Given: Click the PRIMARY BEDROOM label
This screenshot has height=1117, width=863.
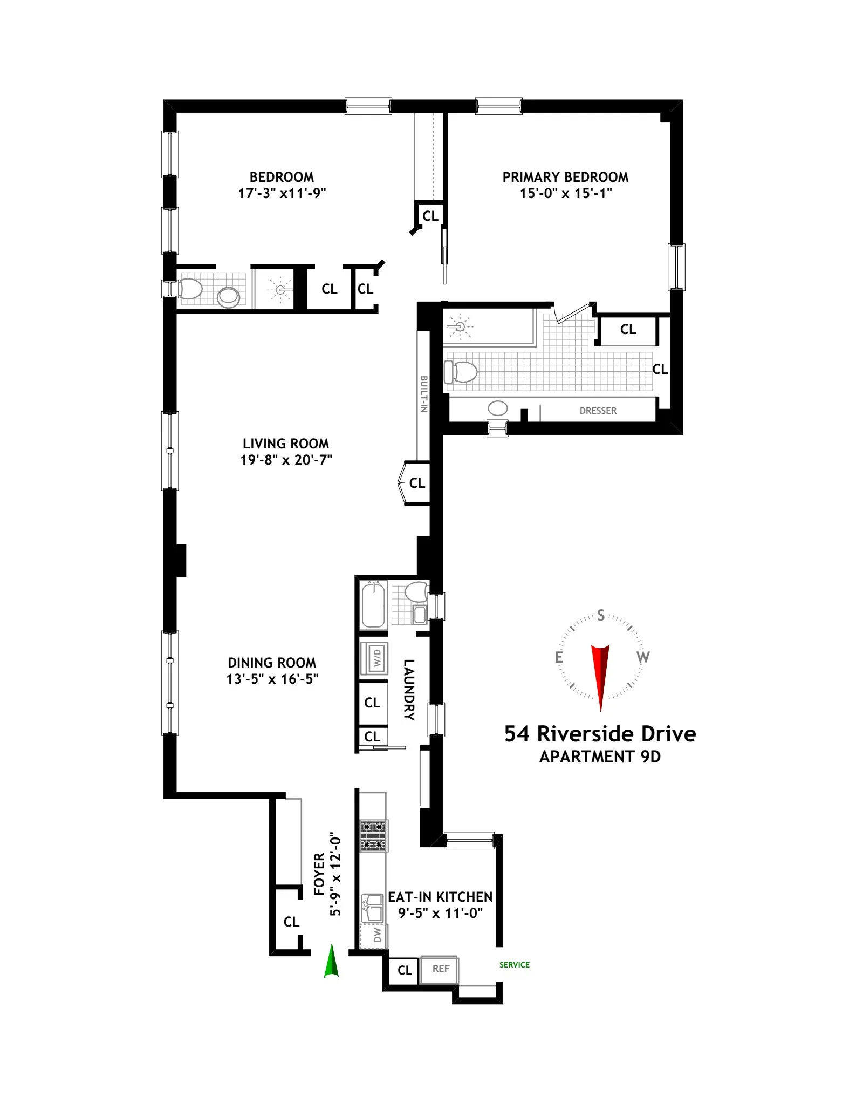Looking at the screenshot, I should click(x=565, y=177).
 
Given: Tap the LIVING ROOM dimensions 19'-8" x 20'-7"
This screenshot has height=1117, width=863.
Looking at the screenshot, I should click(x=286, y=460).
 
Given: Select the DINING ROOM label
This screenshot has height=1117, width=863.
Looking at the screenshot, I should click(x=272, y=663).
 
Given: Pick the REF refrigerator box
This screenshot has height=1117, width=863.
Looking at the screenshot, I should click(x=440, y=969).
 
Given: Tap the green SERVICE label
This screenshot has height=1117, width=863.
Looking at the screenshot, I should click(x=514, y=965).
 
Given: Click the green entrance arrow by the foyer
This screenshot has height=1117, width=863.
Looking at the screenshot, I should click(x=331, y=962).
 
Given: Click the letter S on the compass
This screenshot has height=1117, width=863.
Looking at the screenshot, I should click(x=601, y=616).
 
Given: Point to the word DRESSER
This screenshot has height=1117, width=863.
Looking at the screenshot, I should click(x=598, y=411).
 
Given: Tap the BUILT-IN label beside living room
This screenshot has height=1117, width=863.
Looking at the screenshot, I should click(x=424, y=394).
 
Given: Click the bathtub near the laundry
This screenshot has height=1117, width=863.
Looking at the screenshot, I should click(x=373, y=604).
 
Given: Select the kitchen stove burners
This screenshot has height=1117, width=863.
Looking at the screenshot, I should click(x=373, y=835).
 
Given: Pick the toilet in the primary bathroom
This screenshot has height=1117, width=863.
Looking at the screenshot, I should click(x=462, y=372).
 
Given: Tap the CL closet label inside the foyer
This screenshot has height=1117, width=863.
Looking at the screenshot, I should click(x=291, y=922).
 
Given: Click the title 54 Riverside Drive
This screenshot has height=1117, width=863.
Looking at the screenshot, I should click(x=600, y=734).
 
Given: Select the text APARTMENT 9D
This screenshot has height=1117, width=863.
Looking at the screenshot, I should click(x=600, y=757).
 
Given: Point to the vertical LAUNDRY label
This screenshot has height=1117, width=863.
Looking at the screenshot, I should click(x=409, y=689).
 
